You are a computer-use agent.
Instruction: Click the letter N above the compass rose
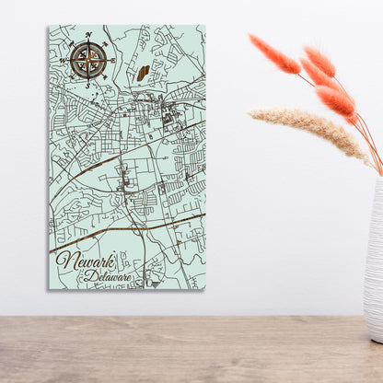click(x=89, y=35)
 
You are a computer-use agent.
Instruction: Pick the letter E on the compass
click(x=114, y=61)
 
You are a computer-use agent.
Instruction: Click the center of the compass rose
click(x=89, y=61)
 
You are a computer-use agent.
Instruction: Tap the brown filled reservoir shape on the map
click(x=144, y=73)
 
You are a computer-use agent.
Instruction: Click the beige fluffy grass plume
click(x=308, y=129)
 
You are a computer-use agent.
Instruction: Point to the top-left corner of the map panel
click(x=49, y=26)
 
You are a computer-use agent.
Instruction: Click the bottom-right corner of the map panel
click(x=205, y=288)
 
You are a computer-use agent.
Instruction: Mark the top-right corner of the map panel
click(x=205, y=26)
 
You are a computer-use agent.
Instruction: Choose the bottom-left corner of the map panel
click(x=49, y=288)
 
